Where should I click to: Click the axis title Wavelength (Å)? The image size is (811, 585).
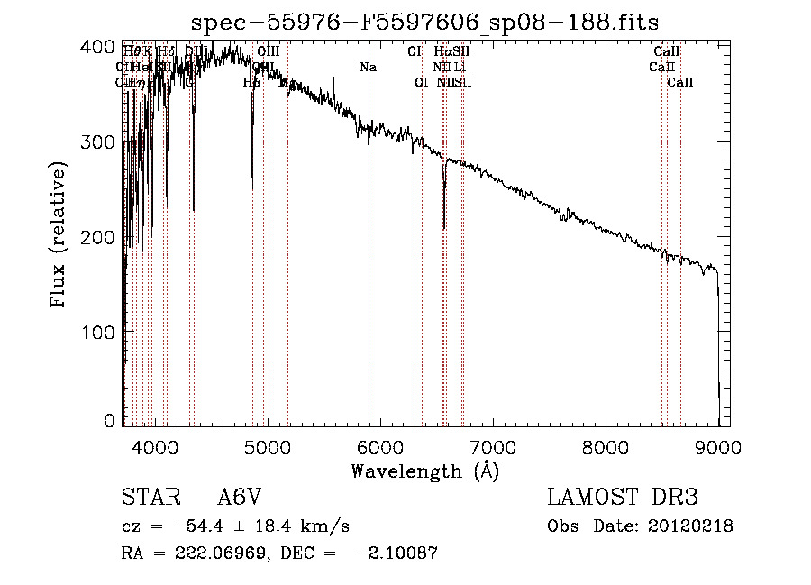pyautogui.click(x=424, y=471)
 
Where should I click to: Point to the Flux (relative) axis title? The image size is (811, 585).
pyautogui.click(x=59, y=236)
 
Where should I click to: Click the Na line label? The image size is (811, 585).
pyautogui.click(x=368, y=67)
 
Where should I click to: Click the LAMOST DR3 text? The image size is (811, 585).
pyautogui.click(x=623, y=498)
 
